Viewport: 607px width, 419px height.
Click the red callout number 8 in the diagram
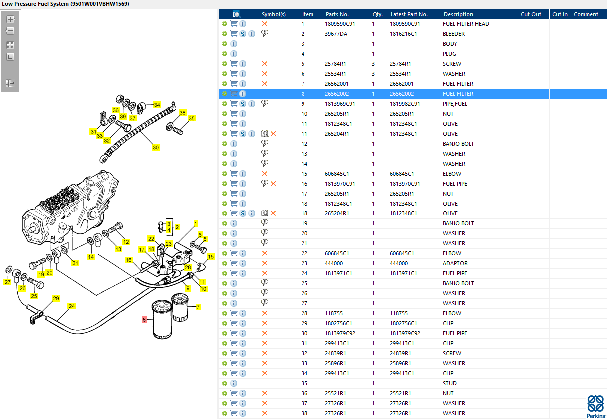pyautogui.click(x=144, y=319)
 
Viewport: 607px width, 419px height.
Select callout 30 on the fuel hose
pyautogui.click(x=156, y=147)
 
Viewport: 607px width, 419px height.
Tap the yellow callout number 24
pyautogui.click(x=72, y=306)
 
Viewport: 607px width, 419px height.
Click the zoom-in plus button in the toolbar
pyautogui.click(x=10, y=19)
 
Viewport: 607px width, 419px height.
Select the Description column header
pyautogui.click(x=458, y=14)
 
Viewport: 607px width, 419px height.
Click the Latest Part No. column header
pyautogui.click(x=409, y=14)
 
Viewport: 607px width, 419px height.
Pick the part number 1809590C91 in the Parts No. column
pyautogui.click(x=339, y=24)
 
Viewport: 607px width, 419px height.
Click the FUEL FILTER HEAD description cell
pyautogui.click(x=466, y=24)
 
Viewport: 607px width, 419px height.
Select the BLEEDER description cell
pyautogui.click(x=454, y=34)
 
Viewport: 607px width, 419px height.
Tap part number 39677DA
pyautogui.click(x=336, y=34)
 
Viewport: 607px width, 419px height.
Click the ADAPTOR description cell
pyautogui.click(x=455, y=263)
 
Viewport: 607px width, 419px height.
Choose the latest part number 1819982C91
pyautogui.click(x=405, y=104)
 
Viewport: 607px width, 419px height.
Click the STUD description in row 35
pyautogui.click(x=450, y=383)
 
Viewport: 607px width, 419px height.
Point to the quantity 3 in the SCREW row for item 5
pyautogui.click(x=373, y=64)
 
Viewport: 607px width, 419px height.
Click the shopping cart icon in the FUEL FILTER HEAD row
pyautogui.click(x=234, y=24)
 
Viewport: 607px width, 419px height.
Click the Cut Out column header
pyautogui.click(x=531, y=14)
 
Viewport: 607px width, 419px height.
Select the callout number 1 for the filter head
pyautogui.click(x=196, y=223)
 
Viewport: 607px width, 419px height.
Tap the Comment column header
pyautogui.click(x=586, y=14)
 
